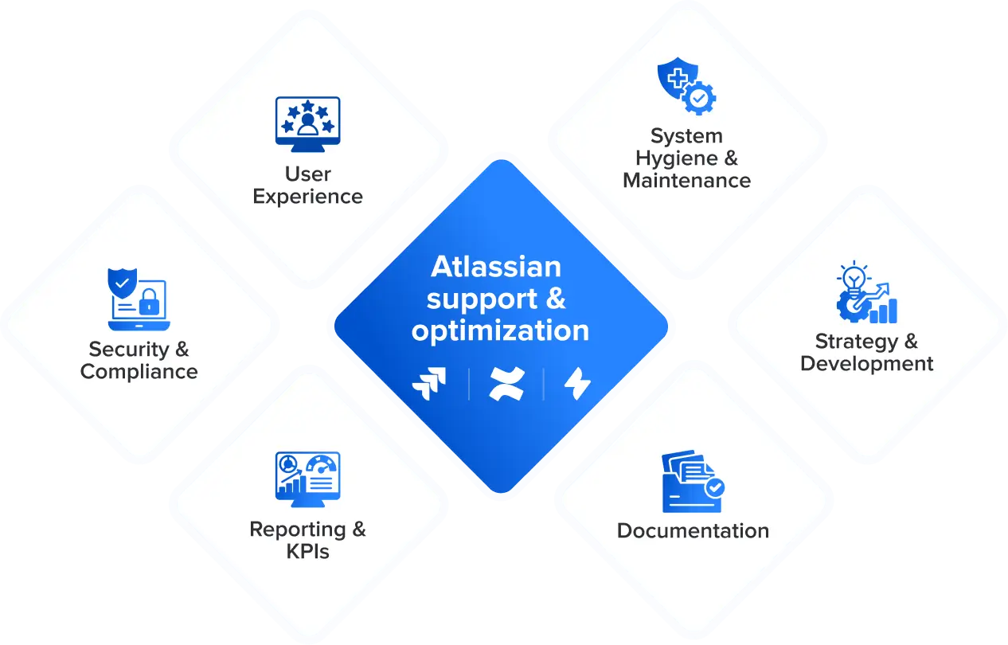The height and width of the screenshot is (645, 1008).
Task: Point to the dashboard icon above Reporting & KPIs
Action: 307,477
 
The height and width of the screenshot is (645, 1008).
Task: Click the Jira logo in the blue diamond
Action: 429,384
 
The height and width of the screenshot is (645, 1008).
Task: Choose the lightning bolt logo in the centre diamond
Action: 577,384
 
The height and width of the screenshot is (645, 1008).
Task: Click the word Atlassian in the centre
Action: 495,267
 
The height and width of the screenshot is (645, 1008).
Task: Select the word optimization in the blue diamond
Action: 500,330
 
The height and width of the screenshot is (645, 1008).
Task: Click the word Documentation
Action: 693,530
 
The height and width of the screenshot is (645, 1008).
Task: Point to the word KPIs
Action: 307,551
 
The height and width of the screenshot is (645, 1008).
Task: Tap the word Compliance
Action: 139,371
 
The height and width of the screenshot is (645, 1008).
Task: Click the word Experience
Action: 307,196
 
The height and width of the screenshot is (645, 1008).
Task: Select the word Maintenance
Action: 686,180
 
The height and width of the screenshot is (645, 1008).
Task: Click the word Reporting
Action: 297,530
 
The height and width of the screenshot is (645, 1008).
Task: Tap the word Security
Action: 128,349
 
